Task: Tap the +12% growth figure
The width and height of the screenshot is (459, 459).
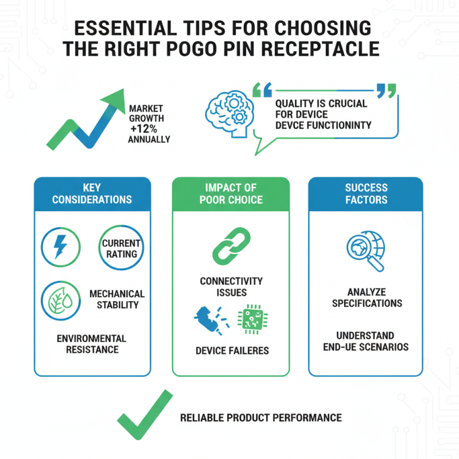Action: (x=144, y=129)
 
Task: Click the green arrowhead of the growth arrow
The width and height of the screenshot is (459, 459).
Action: (x=114, y=100)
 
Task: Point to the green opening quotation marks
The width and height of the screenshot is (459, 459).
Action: (x=262, y=90)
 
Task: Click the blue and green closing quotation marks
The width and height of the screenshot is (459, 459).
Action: (x=386, y=91)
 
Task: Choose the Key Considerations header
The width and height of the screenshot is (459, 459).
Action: (x=92, y=194)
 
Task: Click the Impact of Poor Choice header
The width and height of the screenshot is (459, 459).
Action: (x=231, y=194)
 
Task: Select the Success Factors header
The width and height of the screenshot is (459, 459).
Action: (x=366, y=194)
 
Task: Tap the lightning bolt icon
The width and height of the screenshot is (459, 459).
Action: (x=61, y=247)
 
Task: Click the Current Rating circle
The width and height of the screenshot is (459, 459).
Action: (x=121, y=248)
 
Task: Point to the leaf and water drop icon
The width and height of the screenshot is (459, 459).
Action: (x=61, y=301)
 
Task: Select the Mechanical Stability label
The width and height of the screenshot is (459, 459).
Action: (x=117, y=299)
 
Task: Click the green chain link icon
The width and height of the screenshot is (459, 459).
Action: (x=231, y=246)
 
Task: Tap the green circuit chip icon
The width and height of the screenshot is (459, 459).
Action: (x=252, y=319)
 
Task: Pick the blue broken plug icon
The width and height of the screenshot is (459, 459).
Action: (x=212, y=320)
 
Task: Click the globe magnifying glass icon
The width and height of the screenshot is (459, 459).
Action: (x=366, y=251)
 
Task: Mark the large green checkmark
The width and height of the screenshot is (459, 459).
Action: (x=145, y=414)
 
